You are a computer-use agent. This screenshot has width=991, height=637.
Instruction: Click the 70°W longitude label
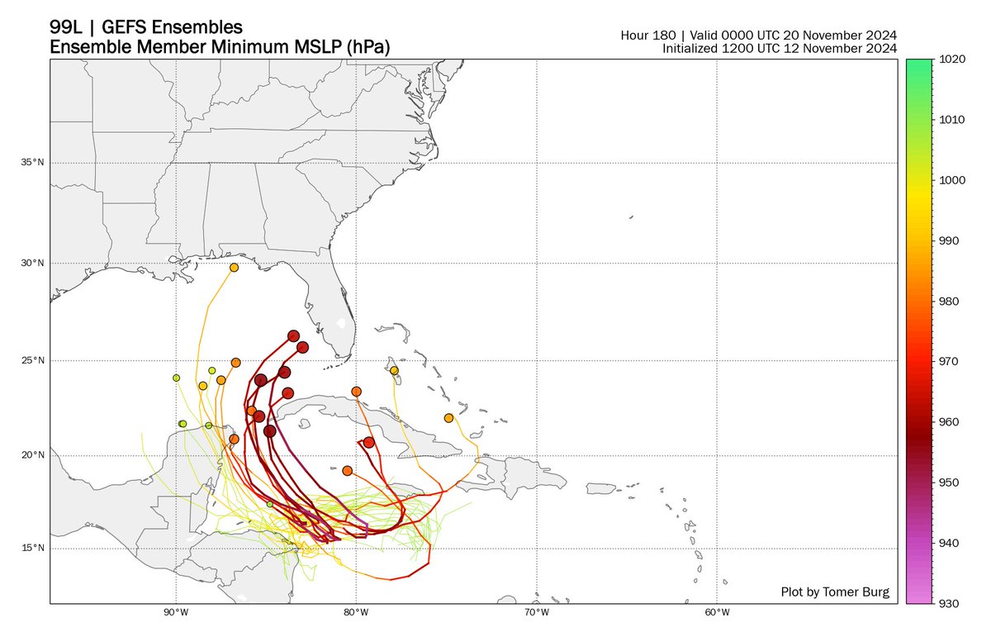pyautogui.click(x=537, y=612)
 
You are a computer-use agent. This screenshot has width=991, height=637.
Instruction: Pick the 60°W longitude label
pyautogui.click(x=717, y=612)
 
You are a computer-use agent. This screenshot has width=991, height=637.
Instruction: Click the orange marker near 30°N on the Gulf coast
pyautogui.click(x=235, y=268)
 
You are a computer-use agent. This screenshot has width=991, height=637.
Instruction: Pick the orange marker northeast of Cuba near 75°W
pyautogui.click(x=449, y=418)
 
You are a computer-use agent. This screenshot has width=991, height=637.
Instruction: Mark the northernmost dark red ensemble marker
pyautogui.click(x=293, y=335)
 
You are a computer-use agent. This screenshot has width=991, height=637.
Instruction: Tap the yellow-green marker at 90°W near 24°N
pyautogui.click(x=176, y=378)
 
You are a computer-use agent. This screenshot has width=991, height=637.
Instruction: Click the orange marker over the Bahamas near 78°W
pyautogui.click(x=394, y=370)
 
